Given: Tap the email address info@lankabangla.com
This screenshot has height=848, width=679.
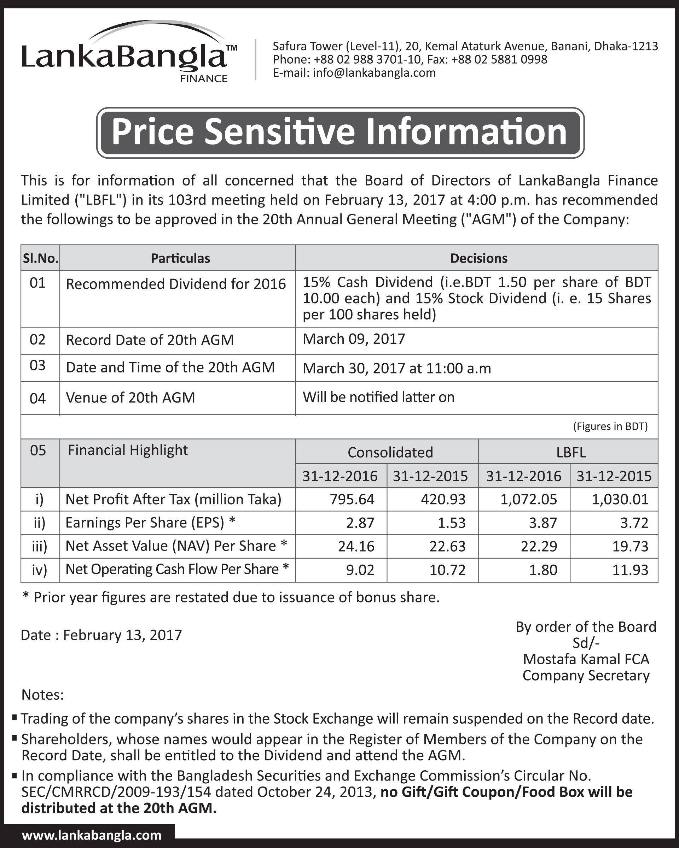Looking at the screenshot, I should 374,73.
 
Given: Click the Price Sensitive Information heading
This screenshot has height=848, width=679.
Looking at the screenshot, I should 339,132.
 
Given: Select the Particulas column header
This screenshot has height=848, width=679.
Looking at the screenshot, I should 180,258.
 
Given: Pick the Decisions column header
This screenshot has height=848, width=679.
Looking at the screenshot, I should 478,258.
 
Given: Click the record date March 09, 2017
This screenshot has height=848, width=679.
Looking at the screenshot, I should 354,339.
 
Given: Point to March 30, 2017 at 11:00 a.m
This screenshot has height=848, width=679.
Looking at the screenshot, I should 396,369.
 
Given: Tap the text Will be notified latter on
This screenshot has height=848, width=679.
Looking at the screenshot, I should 378,397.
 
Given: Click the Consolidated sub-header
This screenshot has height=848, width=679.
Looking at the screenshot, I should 390,452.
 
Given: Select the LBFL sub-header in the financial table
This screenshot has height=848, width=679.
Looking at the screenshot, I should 571,452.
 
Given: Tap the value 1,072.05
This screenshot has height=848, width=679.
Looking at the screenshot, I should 529,500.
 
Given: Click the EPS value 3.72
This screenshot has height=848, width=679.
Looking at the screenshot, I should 634,523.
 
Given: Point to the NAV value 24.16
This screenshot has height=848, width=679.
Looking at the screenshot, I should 356,546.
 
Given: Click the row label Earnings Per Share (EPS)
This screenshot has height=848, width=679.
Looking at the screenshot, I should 144,523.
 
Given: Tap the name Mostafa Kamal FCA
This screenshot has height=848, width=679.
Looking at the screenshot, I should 586,659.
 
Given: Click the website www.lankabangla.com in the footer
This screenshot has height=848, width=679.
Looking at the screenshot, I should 92,835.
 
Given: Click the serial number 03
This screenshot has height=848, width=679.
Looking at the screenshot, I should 38,365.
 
